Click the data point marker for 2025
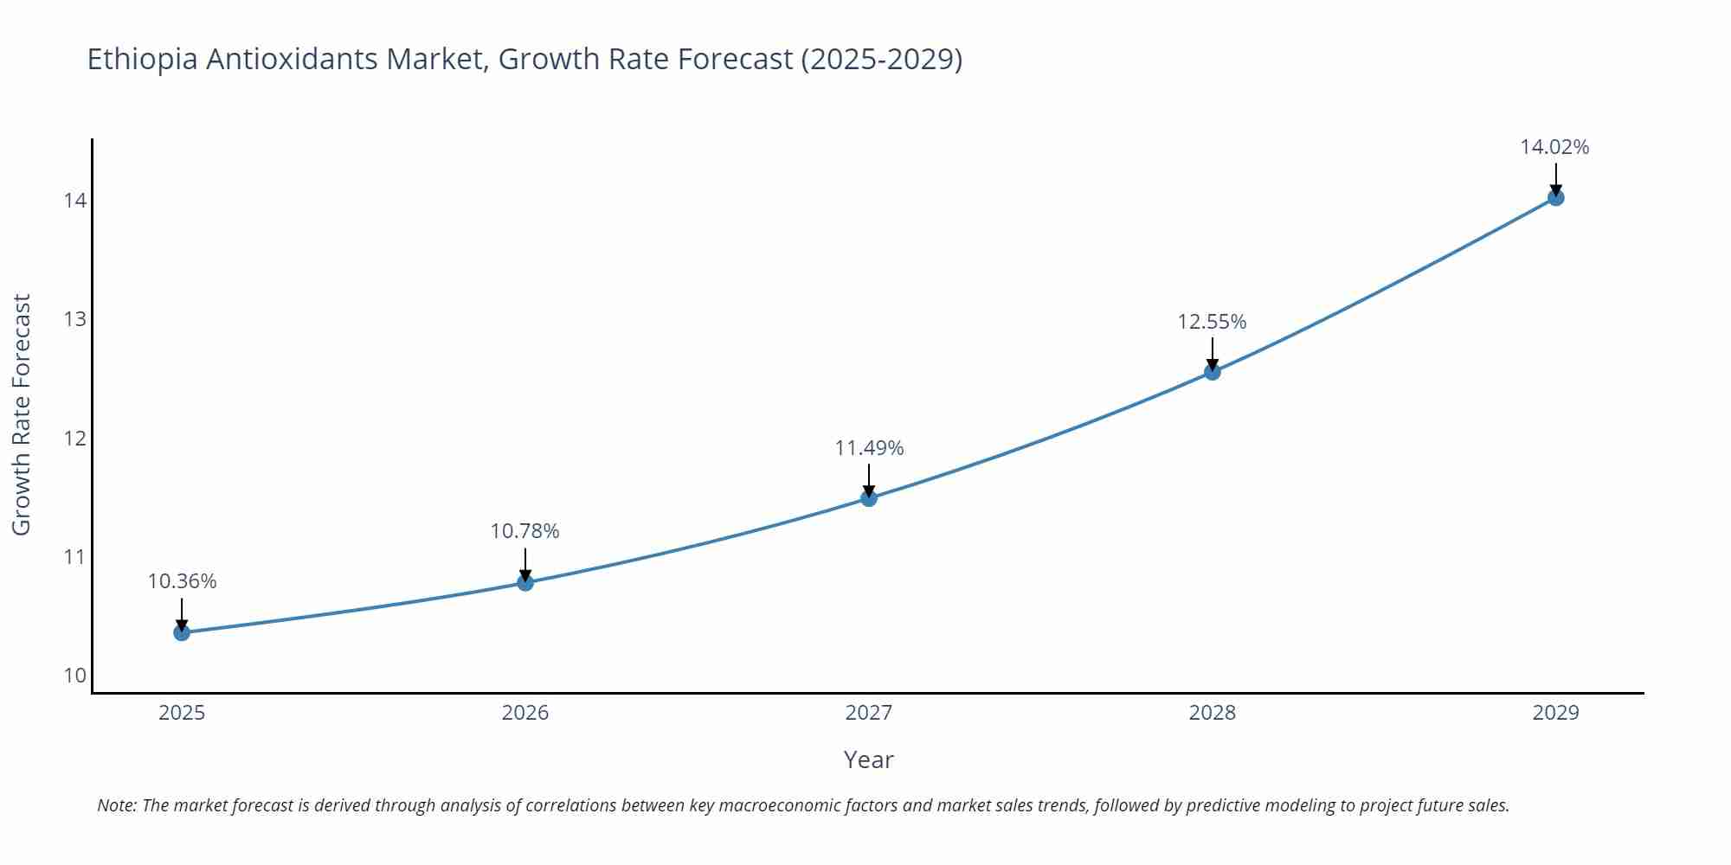tap(182, 632)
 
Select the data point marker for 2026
tap(525, 582)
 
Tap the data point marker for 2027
tap(869, 498)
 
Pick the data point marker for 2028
tap(1213, 372)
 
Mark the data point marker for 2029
tap(1555, 198)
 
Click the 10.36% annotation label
tap(182, 581)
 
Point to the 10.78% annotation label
tap(525, 531)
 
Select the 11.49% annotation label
tap(869, 448)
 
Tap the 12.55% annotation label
tap(1212, 322)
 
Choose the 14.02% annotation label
tap(1554, 147)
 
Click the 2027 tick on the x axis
tap(869, 713)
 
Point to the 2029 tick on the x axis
tap(1555, 713)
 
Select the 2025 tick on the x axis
tap(182, 713)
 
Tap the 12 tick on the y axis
tap(75, 438)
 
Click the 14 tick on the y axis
tap(75, 201)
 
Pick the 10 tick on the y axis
tap(75, 675)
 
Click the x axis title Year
tap(868, 759)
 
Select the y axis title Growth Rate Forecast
tap(22, 414)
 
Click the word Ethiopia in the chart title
tap(142, 60)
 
